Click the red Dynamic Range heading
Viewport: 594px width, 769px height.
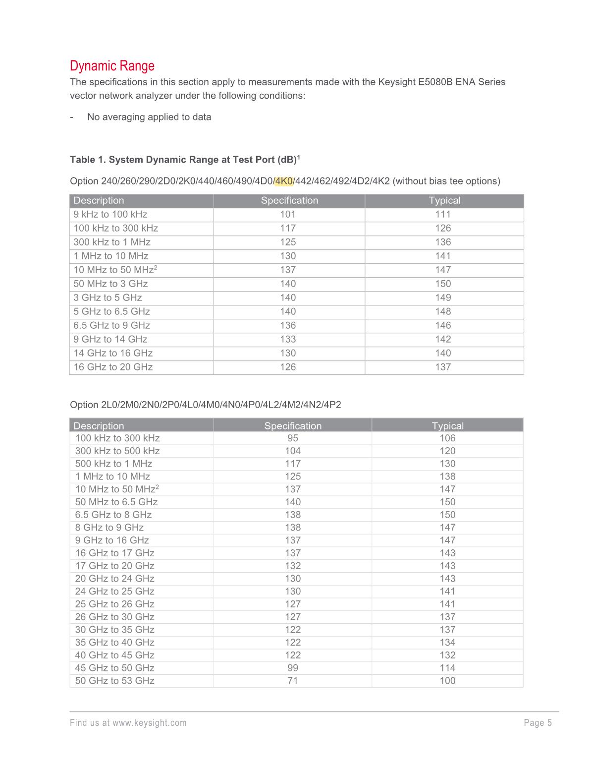coord(112,66)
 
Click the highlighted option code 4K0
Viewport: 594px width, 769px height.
coord(284,181)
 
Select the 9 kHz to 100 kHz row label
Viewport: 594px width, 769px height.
coord(110,214)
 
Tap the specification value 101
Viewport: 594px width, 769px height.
coord(287,214)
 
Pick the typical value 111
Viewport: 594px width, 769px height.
coord(443,214)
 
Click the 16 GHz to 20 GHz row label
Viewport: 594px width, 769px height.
coord(113,367)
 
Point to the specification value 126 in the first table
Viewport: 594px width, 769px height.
coord(287,367)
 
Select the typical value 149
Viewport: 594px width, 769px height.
coord(443,297)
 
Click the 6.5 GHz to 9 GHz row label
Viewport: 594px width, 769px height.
coord(111,325)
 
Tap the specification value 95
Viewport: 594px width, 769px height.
coord(292,438)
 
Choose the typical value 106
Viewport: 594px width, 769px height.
coord(447,438)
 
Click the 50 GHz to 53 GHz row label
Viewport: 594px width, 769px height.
coord(114,681)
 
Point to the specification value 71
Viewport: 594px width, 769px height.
coord(292,681)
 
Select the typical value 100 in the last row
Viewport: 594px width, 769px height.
coord(447,681)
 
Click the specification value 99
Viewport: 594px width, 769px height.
coord(292,668)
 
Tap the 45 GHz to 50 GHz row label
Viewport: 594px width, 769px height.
coord(114,668)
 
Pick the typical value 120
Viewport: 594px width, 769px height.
coord(447,451)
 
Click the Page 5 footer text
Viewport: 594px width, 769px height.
coord(538,723)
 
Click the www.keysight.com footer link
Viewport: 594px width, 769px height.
coord(149,723)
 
